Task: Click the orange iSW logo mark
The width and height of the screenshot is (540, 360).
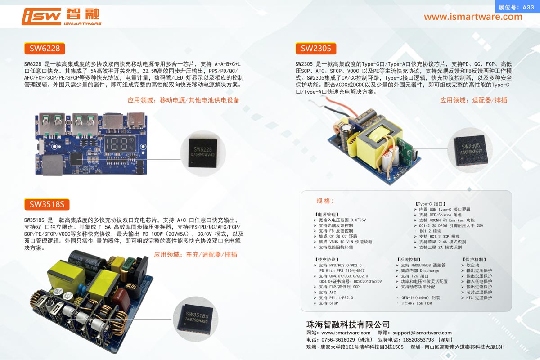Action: pos(41,16)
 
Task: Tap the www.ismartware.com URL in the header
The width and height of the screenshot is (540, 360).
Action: pos(473,17)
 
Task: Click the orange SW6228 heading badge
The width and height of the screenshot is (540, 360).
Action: pos(45,49)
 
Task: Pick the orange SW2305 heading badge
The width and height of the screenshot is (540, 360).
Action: pos(316,49)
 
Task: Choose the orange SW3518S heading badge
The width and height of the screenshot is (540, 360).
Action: pos(47,204)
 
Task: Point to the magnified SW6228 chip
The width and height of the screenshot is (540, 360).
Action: pos(203,153)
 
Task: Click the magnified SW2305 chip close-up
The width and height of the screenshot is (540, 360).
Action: pos(470,150)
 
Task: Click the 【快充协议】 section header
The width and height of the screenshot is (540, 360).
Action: pos(327,260)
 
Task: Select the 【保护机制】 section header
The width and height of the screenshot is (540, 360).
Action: pos(474,260)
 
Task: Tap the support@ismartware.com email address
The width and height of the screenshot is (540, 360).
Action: pos(422,333)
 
